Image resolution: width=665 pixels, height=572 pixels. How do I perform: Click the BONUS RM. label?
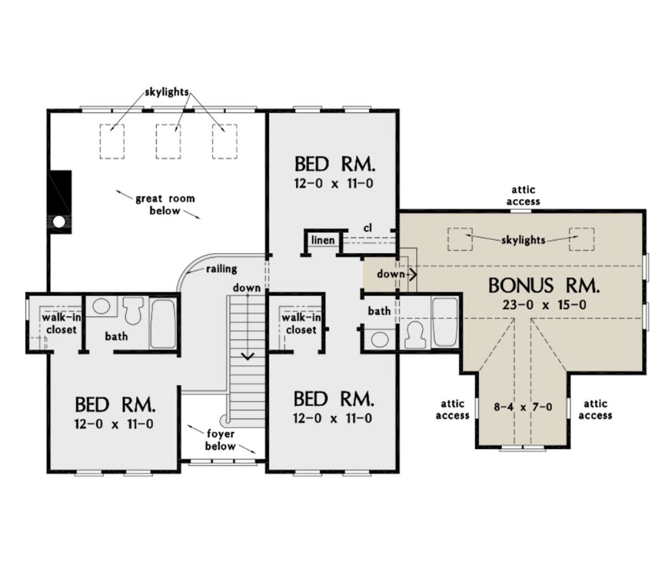pyautogui.click(x=544, y=286)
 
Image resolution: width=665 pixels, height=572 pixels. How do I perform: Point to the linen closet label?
pyautogui.click(x=323, y=240)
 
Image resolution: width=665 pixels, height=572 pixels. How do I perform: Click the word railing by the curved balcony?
pyautogui.click(x=221, y=269)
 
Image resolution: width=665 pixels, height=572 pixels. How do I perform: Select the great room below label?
pyautogui.click(x=165, y=204)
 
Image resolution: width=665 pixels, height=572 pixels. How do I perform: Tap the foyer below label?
pyautogui.click(x=220, y=440)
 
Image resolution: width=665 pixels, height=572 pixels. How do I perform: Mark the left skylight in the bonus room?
pyautogui.click(x=460, y=238)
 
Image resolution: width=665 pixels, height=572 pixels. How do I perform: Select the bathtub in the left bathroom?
pyautogui.click(x=163, y=324)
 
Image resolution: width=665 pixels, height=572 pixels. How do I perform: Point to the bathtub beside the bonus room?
pyautogui.click(x=444, y=322)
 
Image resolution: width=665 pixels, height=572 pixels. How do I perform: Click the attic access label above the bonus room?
pyautogui.click(x=523, y=196)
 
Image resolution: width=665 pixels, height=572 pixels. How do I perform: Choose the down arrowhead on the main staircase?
pyautogui.click(x=247, y=355)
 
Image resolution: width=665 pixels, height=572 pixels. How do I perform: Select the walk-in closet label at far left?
pyautogui.click(x=58, y=324)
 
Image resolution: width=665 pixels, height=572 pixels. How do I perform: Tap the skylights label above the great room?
pyautogui.click(x=167, y=92)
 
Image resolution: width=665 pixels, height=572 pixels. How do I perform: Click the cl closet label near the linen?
pyautogui.click(x=367, y=228)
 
